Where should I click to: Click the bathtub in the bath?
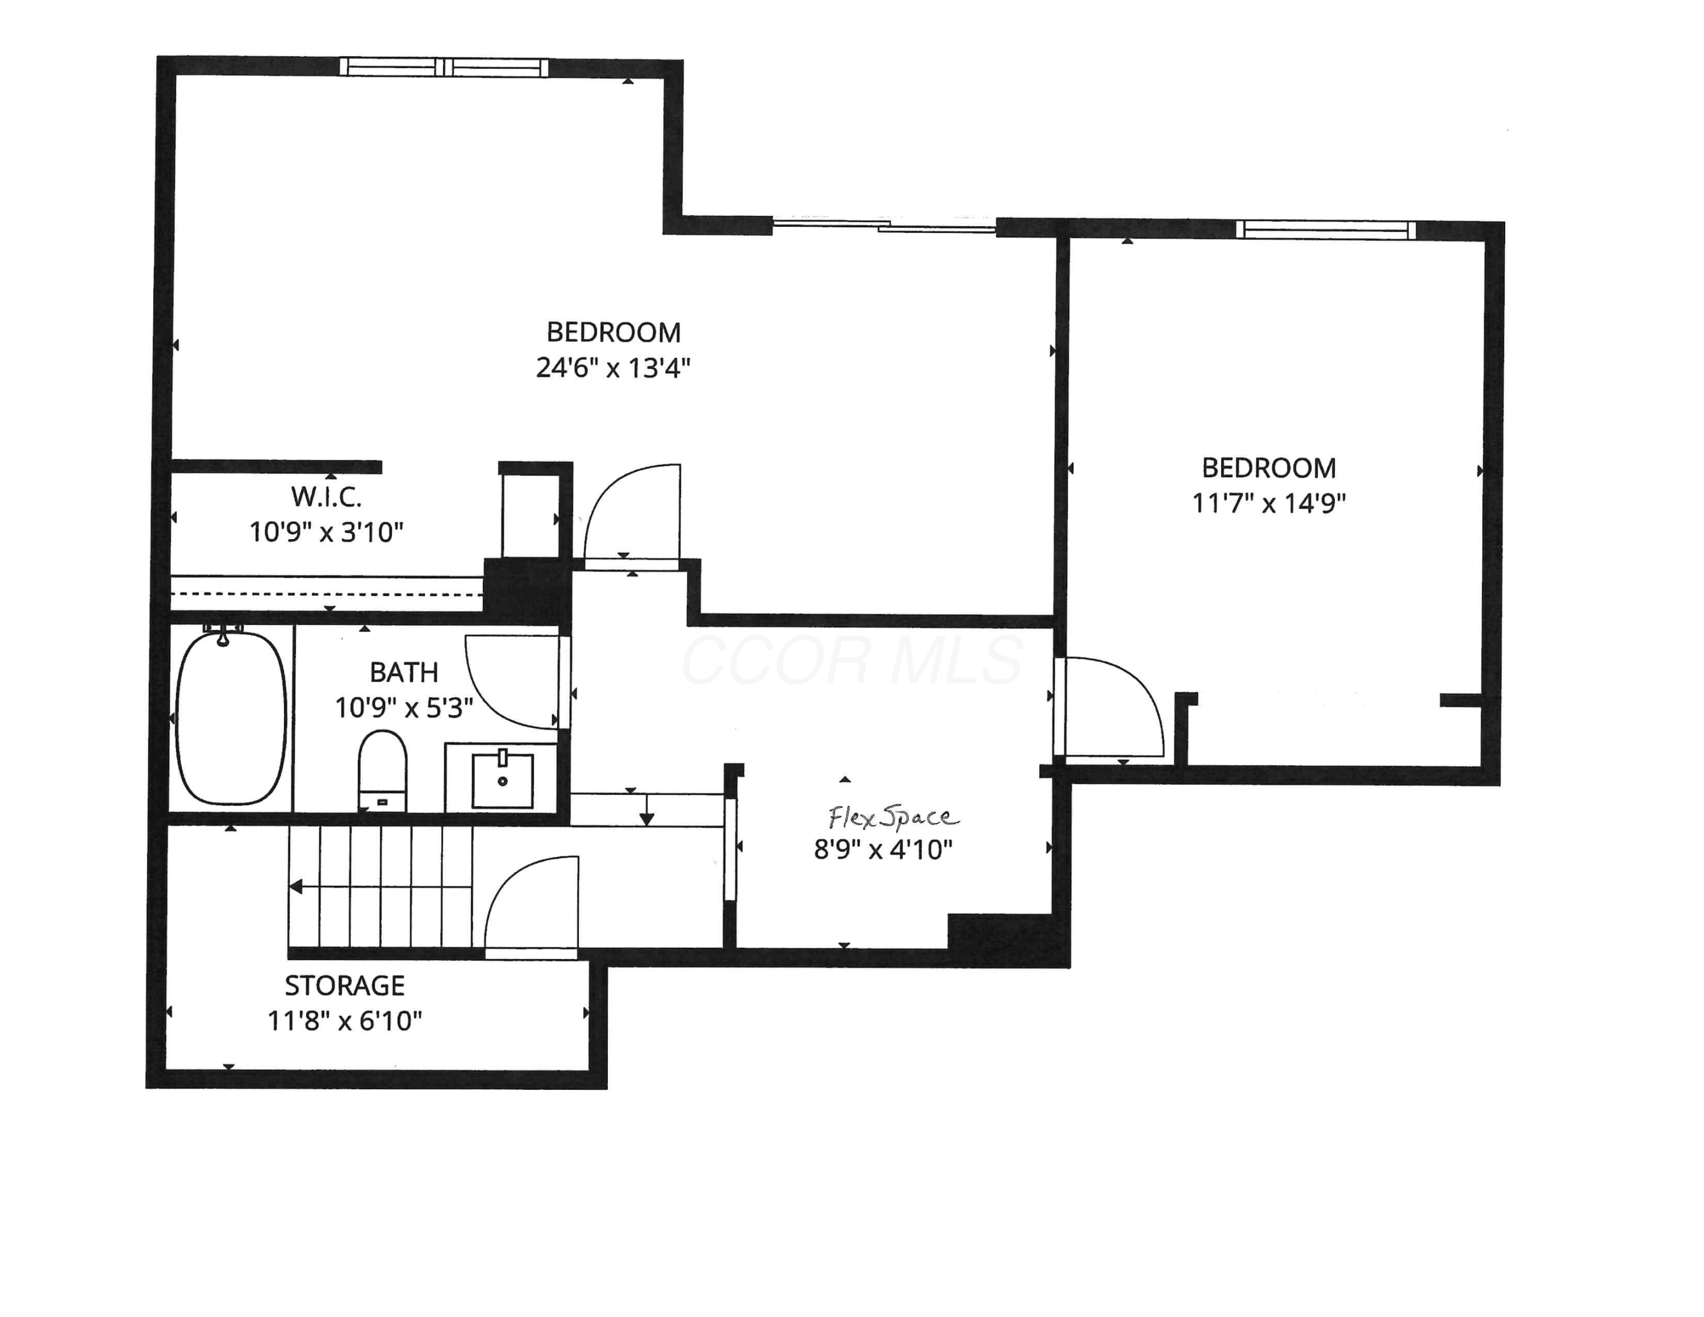[x=231, y=717]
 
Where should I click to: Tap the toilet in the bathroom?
[x=382, y=770]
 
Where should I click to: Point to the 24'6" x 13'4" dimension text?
[x=613, y=368]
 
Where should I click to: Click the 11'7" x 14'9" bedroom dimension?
[x=1269, y=503]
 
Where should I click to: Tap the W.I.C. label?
[x=326, y=496]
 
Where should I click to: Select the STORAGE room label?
[x=345, y=985]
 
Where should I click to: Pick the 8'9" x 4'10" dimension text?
[x=883, y=849]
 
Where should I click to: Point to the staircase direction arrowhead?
[x=296, y=886]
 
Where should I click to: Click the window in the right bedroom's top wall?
[x=1326, y=230]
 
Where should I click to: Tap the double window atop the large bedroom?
[x=444, y=67]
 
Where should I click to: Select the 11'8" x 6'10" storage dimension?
[x=345, y=1020]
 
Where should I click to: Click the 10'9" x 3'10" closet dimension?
[x=326, y=532]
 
